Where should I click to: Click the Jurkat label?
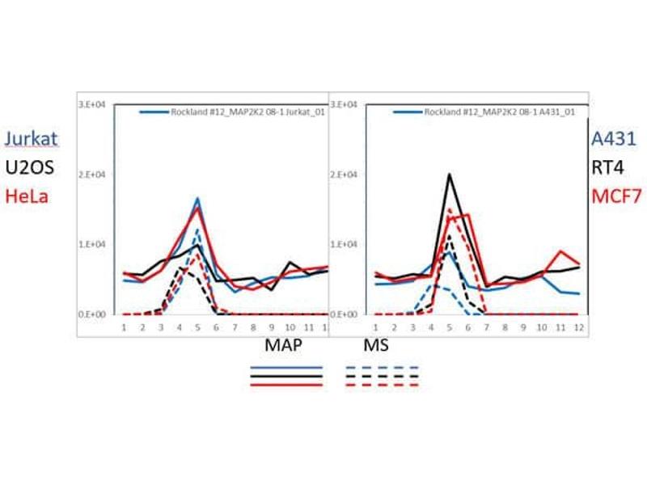click(x=31, y=139)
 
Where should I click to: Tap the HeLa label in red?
click(x=26, y=195)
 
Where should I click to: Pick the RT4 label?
click(x=607, y=167)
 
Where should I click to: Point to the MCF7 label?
click(x=613, y=195)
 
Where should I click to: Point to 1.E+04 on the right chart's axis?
click(x=346, y=244)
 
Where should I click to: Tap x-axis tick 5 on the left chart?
click(x=198, y=327)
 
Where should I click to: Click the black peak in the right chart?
click(x=449, y=174)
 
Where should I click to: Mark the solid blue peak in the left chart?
click(x=198, y=198)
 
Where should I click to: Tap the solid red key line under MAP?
click(x=287, y=386)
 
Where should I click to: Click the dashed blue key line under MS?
click(x=381, y=368)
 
